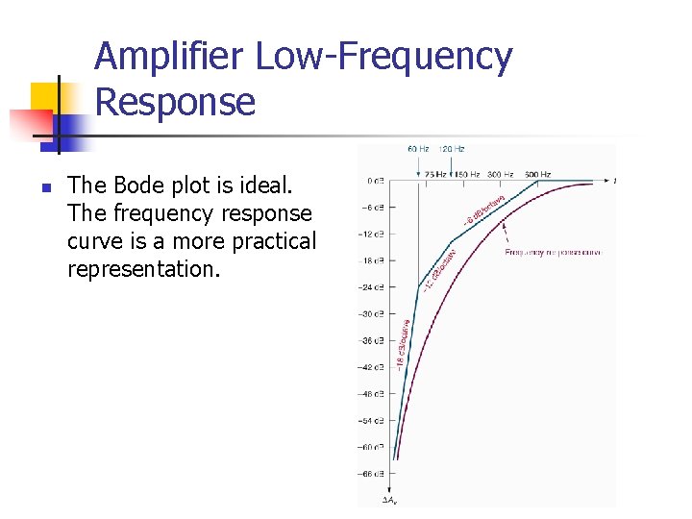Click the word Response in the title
tap(176, 101)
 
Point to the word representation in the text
tap(143, 269)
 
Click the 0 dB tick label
tap(374, 180)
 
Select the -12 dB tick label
tap(371, 234)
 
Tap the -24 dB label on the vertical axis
tap(371, 287)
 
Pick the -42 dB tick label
tap(371, 367)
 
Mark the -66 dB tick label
tap(371, 474)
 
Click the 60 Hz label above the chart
tap(418, 149)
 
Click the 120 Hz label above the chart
tap(452, 149)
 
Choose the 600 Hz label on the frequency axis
tap(537, 175)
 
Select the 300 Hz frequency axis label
tap(500, 175)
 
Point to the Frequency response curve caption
tap(553, 253)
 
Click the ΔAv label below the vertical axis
tap(390, 500)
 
